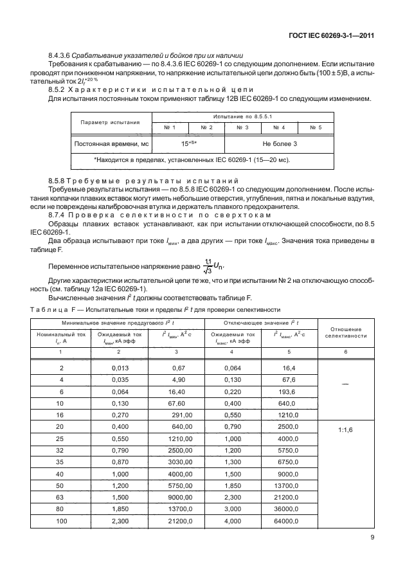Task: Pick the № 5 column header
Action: click(x=316, y=127)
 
